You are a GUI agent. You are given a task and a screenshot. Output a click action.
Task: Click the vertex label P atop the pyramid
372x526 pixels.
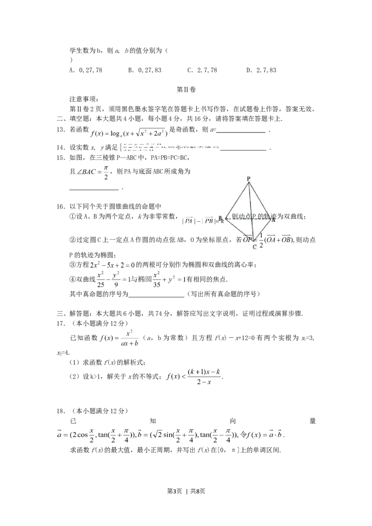tap(248, 178)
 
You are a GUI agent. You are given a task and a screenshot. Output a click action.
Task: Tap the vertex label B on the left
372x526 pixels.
tap(220, 217)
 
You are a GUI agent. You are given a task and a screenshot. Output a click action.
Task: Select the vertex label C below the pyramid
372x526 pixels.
tap(254, 247)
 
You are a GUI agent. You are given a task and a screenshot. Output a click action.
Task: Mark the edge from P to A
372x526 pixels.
tap(261, 198)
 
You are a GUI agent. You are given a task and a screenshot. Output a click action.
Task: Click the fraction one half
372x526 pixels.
tap(261, 240)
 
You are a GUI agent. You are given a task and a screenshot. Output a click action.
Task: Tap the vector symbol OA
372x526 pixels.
tap(272, 240)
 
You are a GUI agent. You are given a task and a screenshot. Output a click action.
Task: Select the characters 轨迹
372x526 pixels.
tap(270, 217)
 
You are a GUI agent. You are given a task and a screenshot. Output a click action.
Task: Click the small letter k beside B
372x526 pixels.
tap(223, 222)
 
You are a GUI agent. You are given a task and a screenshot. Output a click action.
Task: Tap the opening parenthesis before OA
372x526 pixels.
tap(266, 240)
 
